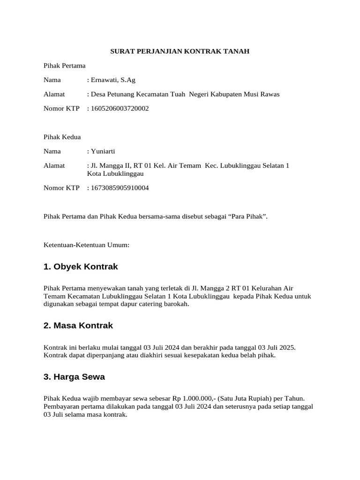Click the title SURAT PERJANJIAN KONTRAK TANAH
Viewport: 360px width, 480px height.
180,51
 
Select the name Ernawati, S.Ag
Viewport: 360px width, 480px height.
113,80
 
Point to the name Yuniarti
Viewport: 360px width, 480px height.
103,151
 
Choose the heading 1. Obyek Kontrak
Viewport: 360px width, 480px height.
81,267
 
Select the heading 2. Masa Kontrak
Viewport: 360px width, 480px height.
78,325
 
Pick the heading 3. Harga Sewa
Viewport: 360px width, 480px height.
74,377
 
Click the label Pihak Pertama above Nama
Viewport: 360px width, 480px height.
64,66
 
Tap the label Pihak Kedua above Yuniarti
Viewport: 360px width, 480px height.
62,137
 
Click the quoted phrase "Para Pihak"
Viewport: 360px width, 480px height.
247,217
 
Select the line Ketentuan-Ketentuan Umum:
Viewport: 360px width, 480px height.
86,245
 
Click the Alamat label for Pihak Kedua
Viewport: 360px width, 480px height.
54,165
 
